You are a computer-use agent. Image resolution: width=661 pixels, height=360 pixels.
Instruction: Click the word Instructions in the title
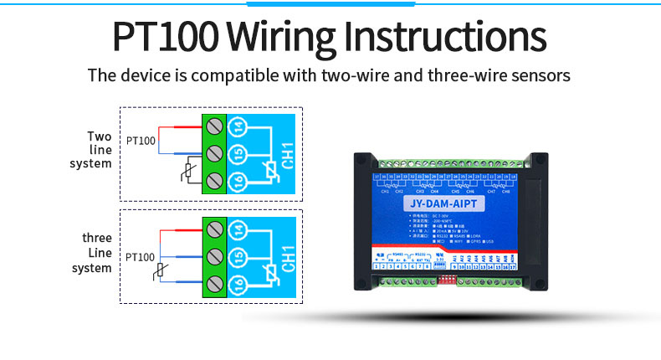[x=445, y=38]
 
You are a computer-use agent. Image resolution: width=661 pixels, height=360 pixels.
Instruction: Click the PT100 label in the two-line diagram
[x=141, y=141]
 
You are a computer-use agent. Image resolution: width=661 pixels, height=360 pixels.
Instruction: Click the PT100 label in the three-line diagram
[x=141, y=257]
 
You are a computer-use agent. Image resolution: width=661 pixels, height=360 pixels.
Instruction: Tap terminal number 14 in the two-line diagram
[x=239, y=127]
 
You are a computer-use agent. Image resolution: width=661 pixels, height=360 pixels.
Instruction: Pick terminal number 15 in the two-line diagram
[x=239, y=154]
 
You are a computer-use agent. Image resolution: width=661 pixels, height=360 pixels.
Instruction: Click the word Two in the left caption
[x=100, y=136]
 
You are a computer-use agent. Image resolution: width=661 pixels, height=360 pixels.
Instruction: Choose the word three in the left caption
[x=98, y=239]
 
